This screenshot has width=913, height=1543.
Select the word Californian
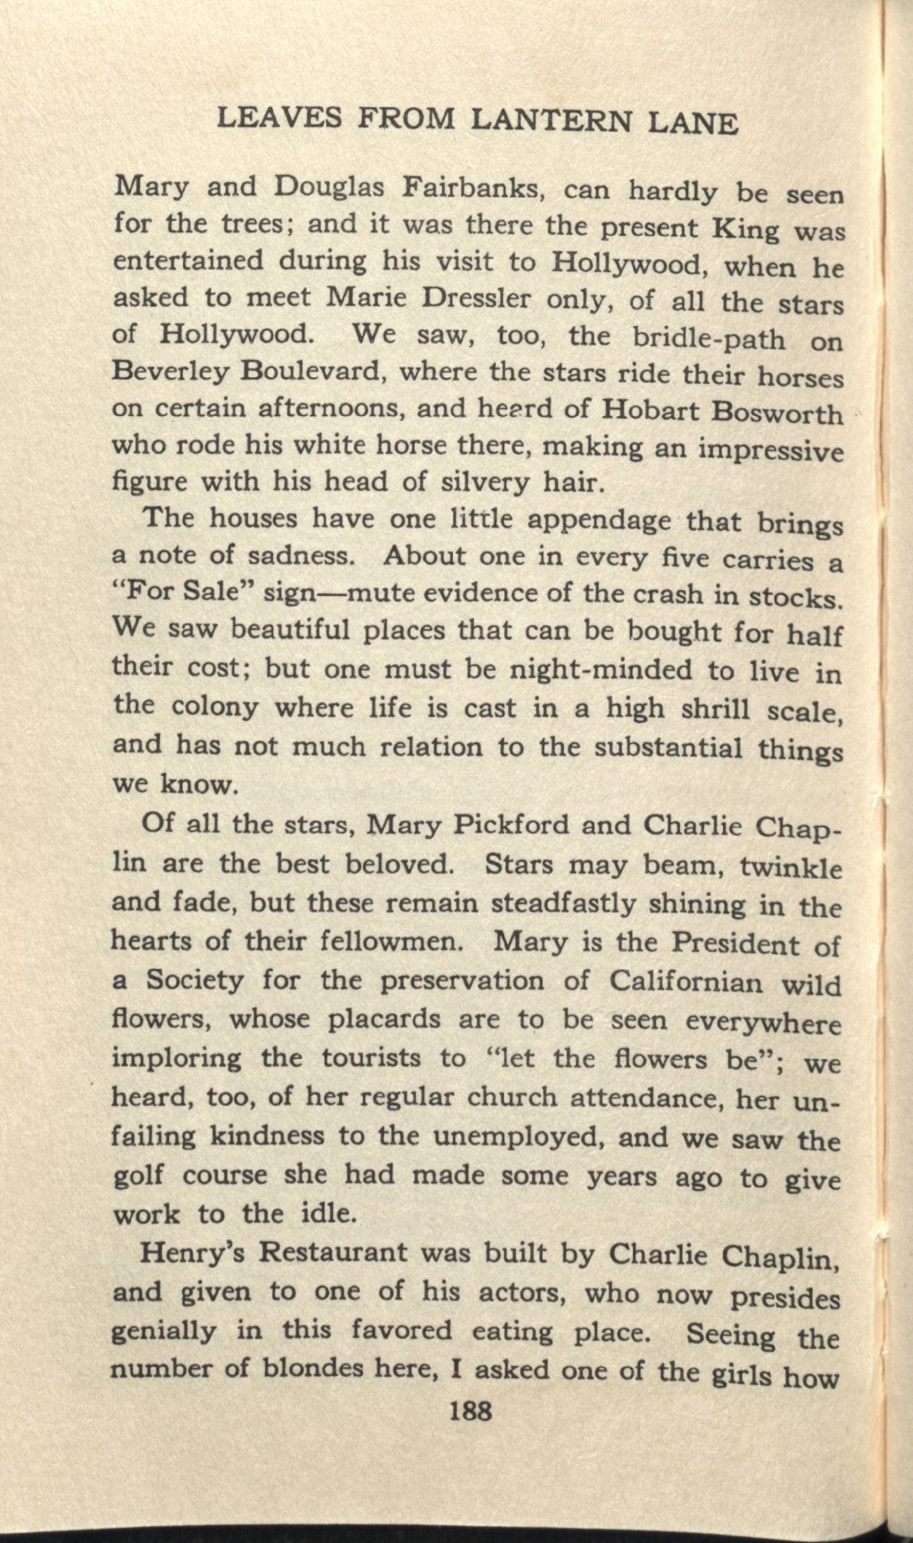pos(686,982)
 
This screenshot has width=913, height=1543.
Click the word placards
pos(384,1020)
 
